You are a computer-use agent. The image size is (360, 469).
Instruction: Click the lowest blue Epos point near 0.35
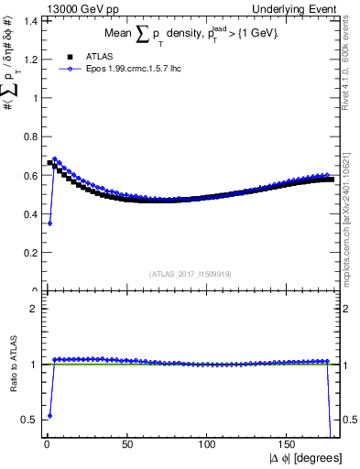(49, 223)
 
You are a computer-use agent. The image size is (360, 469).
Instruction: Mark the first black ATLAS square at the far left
(49, 163)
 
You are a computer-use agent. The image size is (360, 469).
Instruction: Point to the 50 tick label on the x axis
(126, 447)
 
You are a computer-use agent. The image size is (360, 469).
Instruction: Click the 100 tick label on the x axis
(208, 447)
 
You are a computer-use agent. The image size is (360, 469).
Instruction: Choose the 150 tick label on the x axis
(289, 447)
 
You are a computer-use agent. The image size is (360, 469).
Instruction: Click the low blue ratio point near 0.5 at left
(49, 415)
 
